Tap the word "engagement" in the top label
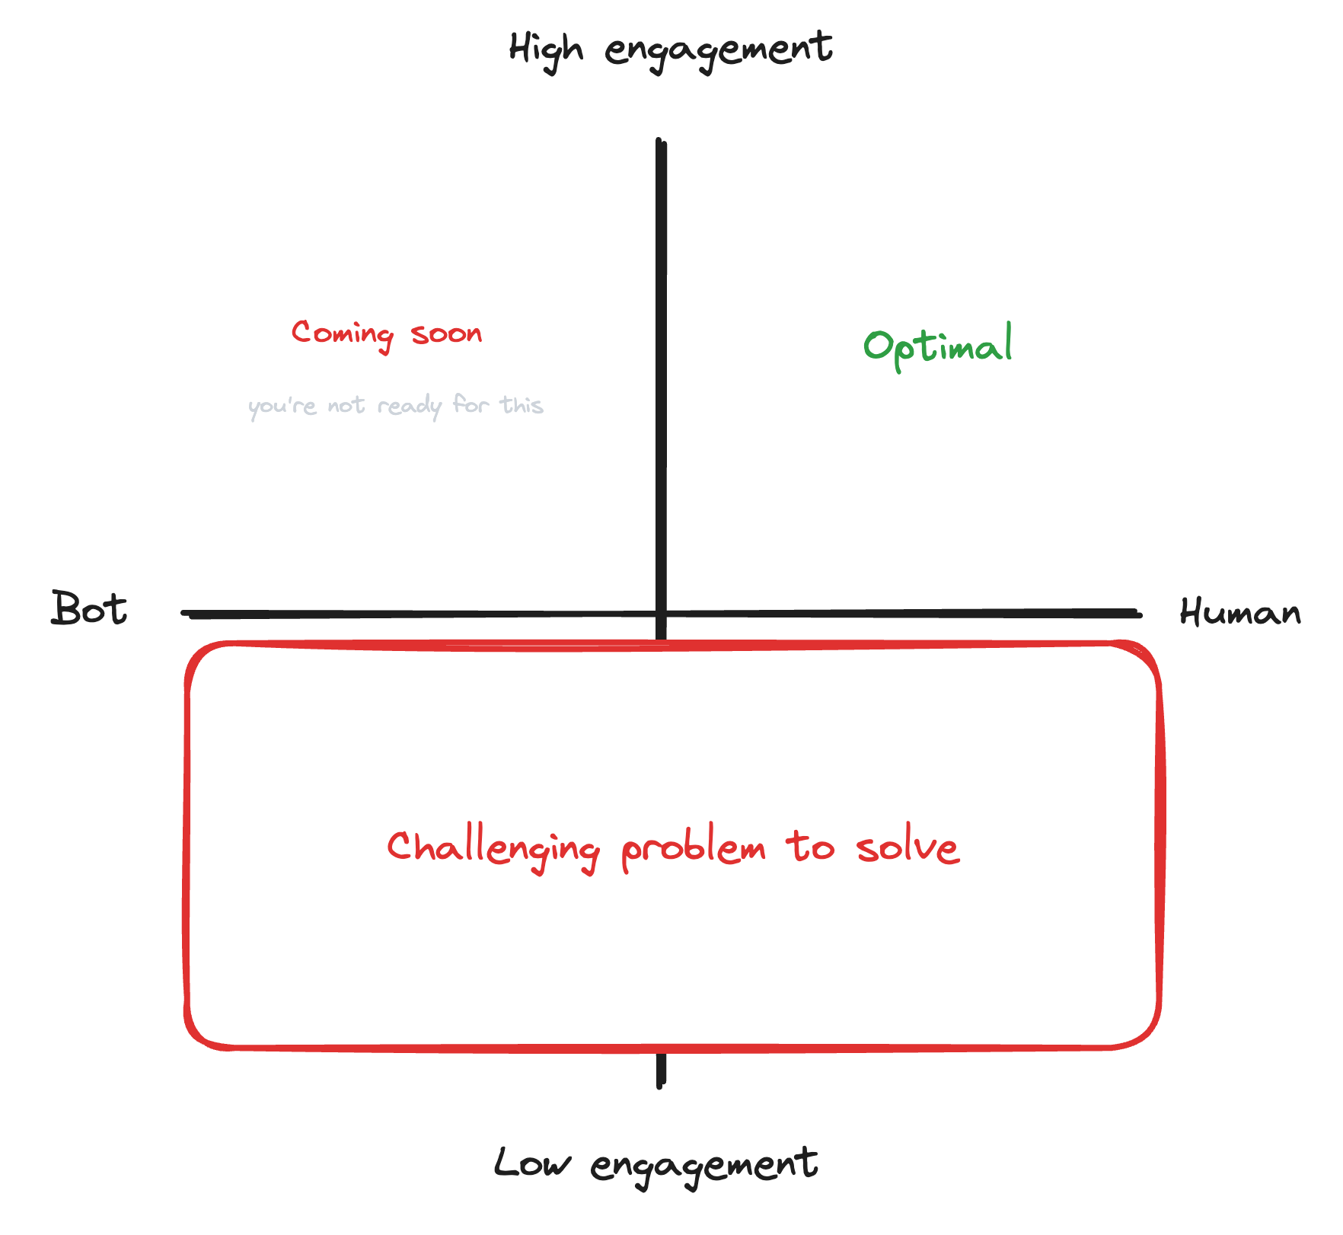(x=718, y=50)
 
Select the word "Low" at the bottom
(x=531, y=1163)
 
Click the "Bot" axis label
(x=89, y=609)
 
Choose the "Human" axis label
(x=1239, y=612)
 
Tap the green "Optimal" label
(x=938, y=346)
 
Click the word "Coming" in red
(x=343, y=334)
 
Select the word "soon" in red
(x=447, y=333)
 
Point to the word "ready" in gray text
(x=409, y=406)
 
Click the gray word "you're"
(x=282, y=406)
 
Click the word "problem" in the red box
(x=694, y=850)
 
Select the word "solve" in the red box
(x=907, y=847)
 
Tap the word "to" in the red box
(x=810, y=847)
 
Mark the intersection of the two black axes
(x=661, y=613)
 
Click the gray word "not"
(x=346, y=406)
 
